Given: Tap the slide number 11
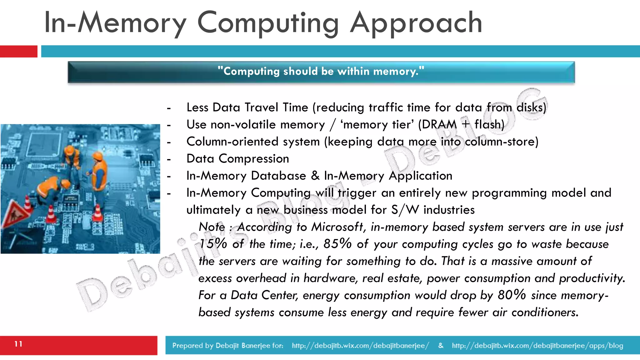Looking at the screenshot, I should tap(18, 344).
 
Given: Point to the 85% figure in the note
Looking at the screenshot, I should tap(337, 244).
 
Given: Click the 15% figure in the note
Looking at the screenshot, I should tap(213, 244).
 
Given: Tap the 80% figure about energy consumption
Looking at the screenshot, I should tap(512, 295).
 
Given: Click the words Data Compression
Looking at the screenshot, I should tap(237, 159).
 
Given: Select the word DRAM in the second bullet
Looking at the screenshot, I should tap(439, 125).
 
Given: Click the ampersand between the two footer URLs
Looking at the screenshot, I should tap(441, 345).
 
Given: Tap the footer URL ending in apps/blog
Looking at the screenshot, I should tap(537, 345).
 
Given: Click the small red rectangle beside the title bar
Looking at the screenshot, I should tap(18, 51).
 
